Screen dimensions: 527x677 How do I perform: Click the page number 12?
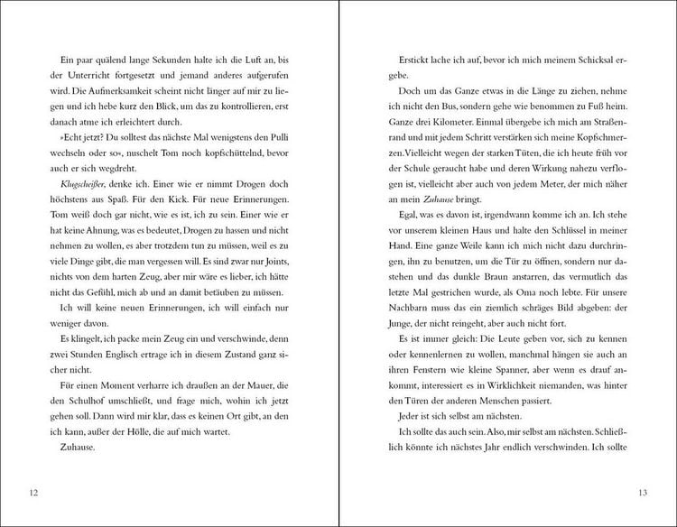click(33, 492)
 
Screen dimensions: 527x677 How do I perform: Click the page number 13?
click(643, 492)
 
